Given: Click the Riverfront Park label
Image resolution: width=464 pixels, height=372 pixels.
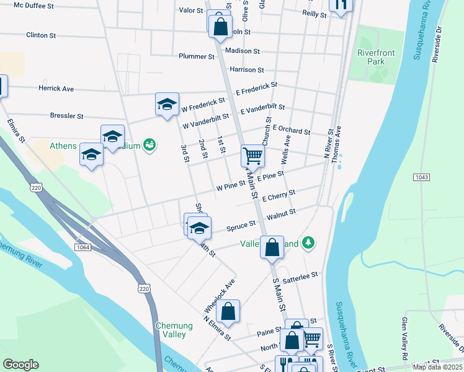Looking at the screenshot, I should click(x=376, y=57).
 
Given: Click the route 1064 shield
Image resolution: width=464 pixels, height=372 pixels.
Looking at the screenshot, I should click(x=83, y=247).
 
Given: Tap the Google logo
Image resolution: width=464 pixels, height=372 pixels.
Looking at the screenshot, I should click(x=20, y=365).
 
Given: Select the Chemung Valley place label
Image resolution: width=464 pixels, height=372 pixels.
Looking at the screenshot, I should click(x=171, y=330).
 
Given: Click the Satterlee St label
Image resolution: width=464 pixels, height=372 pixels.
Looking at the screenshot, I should click(x=301, y=274).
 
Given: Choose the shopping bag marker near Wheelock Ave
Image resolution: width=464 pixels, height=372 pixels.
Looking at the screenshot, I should click(x=228, y=312).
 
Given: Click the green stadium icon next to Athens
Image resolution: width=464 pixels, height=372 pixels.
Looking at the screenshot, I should click(x=149, y=146).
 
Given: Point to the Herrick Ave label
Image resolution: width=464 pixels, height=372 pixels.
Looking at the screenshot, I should click(x=56, y=89).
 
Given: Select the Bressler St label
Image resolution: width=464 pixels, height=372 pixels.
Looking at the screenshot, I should click(x=67, y=116).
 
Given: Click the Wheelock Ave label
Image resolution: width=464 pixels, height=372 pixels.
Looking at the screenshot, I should click(x=220, y=296).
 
